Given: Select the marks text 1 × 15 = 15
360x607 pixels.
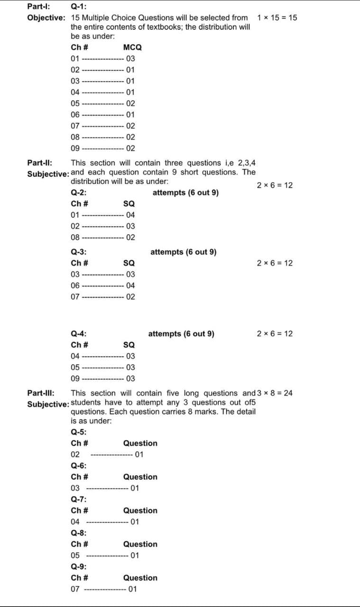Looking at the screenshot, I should click(x=277, y=18).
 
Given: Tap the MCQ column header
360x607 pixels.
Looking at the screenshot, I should click(x=132, y=47).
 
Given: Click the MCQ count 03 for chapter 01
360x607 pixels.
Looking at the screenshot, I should click(x=130, y=59).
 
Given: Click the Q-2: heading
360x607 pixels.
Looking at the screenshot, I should click(x=79, y=193).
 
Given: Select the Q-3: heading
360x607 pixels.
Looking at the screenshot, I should click(x=79, y=252).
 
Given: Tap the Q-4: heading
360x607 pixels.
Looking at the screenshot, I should click(x=79, y=334).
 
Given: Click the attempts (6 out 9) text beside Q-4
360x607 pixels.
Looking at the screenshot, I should click(x=181, y=334).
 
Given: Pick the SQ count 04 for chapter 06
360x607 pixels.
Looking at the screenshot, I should click(x=130, y=285).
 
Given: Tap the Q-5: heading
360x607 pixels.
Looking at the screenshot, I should click(x=79, y=432).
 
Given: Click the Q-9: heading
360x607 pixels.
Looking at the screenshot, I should click(x=79, y=567).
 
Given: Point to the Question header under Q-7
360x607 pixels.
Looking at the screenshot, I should click(x=140, y=511).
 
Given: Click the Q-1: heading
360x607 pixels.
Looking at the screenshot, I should click(x=79, y=7).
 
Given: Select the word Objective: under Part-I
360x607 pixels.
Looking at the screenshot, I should click(x=46, y=18).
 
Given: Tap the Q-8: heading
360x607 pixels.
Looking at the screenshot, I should click(x=79, y=533).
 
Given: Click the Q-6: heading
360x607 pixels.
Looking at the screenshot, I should click(x=79, y=466).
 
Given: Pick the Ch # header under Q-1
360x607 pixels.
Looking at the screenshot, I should click(x=79, y=47).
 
